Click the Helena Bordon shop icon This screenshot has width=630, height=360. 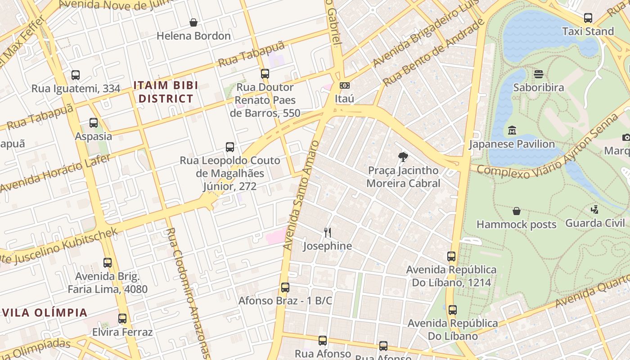point(193,22)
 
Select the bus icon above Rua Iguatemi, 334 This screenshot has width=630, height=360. point(76,75)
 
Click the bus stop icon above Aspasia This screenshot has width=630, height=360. point(94,122)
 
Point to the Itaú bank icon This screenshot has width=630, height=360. point(345,85)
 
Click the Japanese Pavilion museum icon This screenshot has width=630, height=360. point(512,130)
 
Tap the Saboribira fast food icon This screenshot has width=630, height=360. point(538,74)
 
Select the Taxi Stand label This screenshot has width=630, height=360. point(588,31)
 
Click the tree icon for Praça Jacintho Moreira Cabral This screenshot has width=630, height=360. point(403,157)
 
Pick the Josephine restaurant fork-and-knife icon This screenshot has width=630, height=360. point(328,233)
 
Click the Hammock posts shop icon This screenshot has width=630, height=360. point(517,211)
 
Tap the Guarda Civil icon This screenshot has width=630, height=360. point(595,209)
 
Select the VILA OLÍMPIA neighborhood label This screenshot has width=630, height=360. point(45,313)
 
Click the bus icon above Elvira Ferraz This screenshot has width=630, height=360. point(122,319)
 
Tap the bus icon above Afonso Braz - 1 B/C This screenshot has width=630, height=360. point(285,287)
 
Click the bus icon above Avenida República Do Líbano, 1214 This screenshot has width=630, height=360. point(451,256)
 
